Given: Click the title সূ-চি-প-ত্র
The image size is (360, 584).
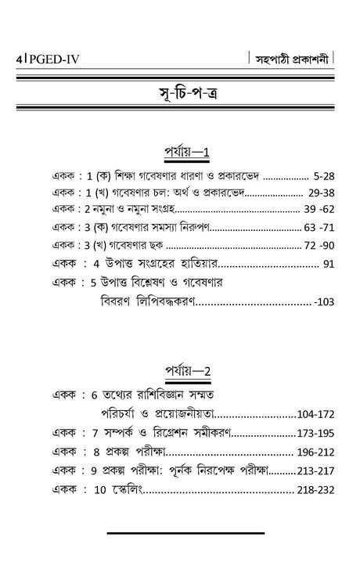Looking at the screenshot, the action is click(179, 99).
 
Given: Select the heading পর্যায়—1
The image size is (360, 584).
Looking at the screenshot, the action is click(179, 149).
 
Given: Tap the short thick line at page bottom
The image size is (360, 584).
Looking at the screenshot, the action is click(179, 535).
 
